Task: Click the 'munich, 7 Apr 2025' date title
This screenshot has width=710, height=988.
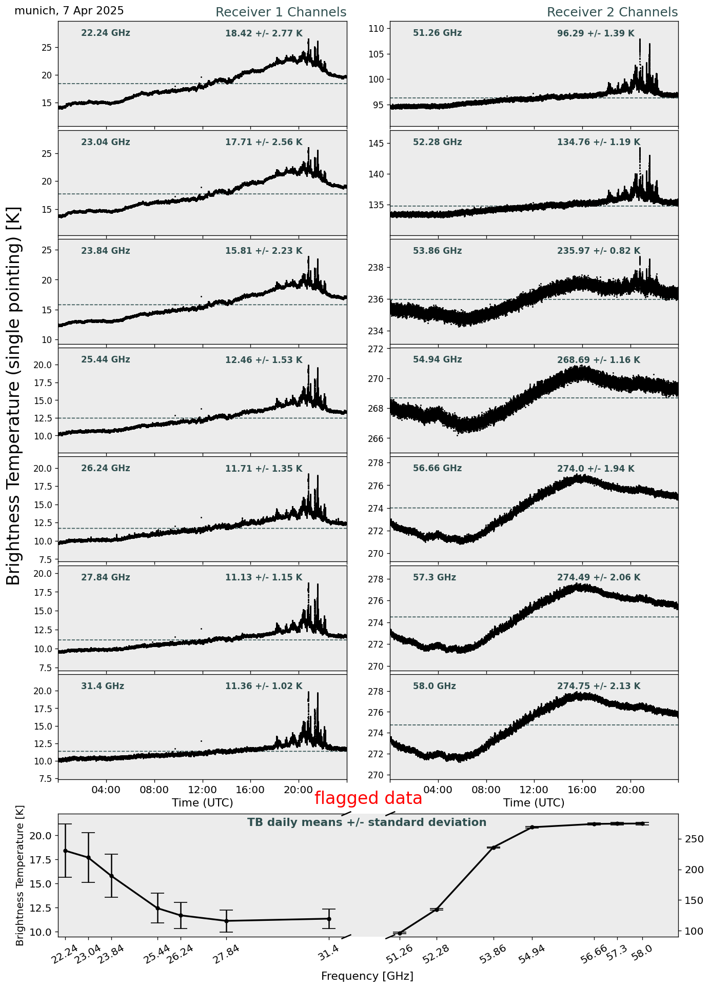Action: (69, 11)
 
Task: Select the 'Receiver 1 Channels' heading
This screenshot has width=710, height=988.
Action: (281, 12)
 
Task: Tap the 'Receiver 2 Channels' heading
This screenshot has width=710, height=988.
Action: (612, 12)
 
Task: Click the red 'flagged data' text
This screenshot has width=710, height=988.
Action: (368, 798)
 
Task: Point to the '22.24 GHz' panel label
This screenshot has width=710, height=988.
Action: (105, 33)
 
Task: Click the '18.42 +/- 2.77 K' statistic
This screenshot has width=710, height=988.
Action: (264, 34)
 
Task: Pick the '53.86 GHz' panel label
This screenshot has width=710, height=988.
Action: (437, 251)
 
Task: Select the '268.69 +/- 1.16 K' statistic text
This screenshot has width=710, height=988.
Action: (598, 360)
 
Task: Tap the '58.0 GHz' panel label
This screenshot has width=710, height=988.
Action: (434, 687)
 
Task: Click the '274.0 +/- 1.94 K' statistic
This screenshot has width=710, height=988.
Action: (595, 469)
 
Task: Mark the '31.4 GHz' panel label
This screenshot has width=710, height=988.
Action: (102, 687)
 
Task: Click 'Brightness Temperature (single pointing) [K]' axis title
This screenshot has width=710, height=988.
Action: (14, 395)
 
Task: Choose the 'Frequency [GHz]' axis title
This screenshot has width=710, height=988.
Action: (367, 976)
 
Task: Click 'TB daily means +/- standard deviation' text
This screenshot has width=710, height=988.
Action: (366, 823)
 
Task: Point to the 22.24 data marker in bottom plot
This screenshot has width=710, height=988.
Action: (65, 851)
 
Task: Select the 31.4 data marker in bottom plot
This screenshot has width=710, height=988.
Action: (329, 919)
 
